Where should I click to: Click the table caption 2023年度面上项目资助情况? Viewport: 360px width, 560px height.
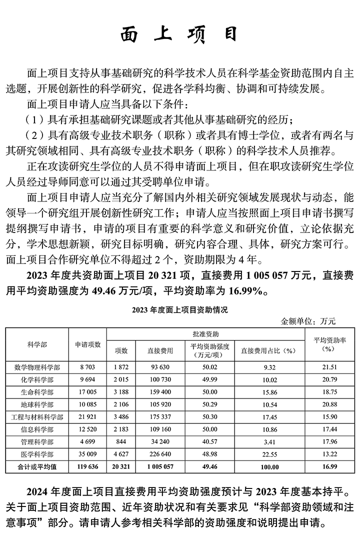pos(179,310)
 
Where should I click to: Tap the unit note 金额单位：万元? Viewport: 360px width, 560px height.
pos(315,321)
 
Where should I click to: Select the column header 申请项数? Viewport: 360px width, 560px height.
pos(88,344)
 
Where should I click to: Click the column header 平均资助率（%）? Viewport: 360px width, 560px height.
pos(327,344)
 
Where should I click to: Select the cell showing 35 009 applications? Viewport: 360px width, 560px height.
pos(88,454)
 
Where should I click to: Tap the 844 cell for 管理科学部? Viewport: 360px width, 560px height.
pos(121,442)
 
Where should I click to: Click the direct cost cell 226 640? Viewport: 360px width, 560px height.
pos(160,454)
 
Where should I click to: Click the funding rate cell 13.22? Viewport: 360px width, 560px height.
pos(327,454)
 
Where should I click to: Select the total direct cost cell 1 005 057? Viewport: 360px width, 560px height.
pos(160,466)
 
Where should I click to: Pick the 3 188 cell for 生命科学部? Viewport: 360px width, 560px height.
pos(121,392)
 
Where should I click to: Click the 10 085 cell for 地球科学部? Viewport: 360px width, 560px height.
pos(88,404)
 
